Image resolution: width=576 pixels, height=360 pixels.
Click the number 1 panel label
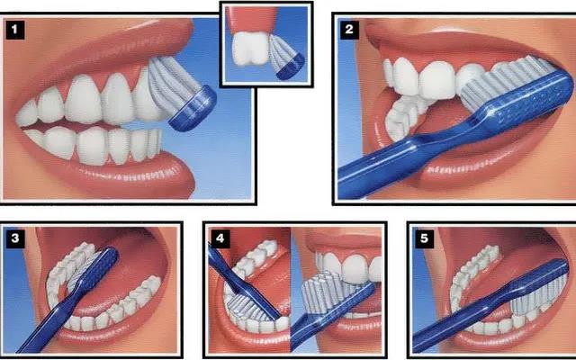click(15, 30)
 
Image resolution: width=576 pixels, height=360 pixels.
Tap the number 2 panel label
click(349, 30)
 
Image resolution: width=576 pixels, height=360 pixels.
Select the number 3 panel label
click(15, 238)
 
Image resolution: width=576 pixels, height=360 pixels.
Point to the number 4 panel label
click(220, 238)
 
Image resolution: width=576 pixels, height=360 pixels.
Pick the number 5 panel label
click(424, 238)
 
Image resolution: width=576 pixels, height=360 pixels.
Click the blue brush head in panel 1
click(193, 110)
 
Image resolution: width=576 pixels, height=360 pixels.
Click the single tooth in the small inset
click(251, 49)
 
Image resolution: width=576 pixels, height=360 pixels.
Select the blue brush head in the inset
click(291, 67)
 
